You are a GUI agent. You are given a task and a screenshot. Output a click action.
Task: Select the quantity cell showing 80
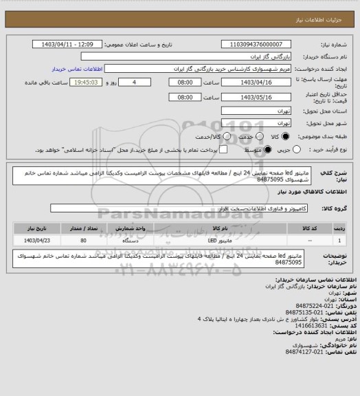(x=83, y=241)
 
